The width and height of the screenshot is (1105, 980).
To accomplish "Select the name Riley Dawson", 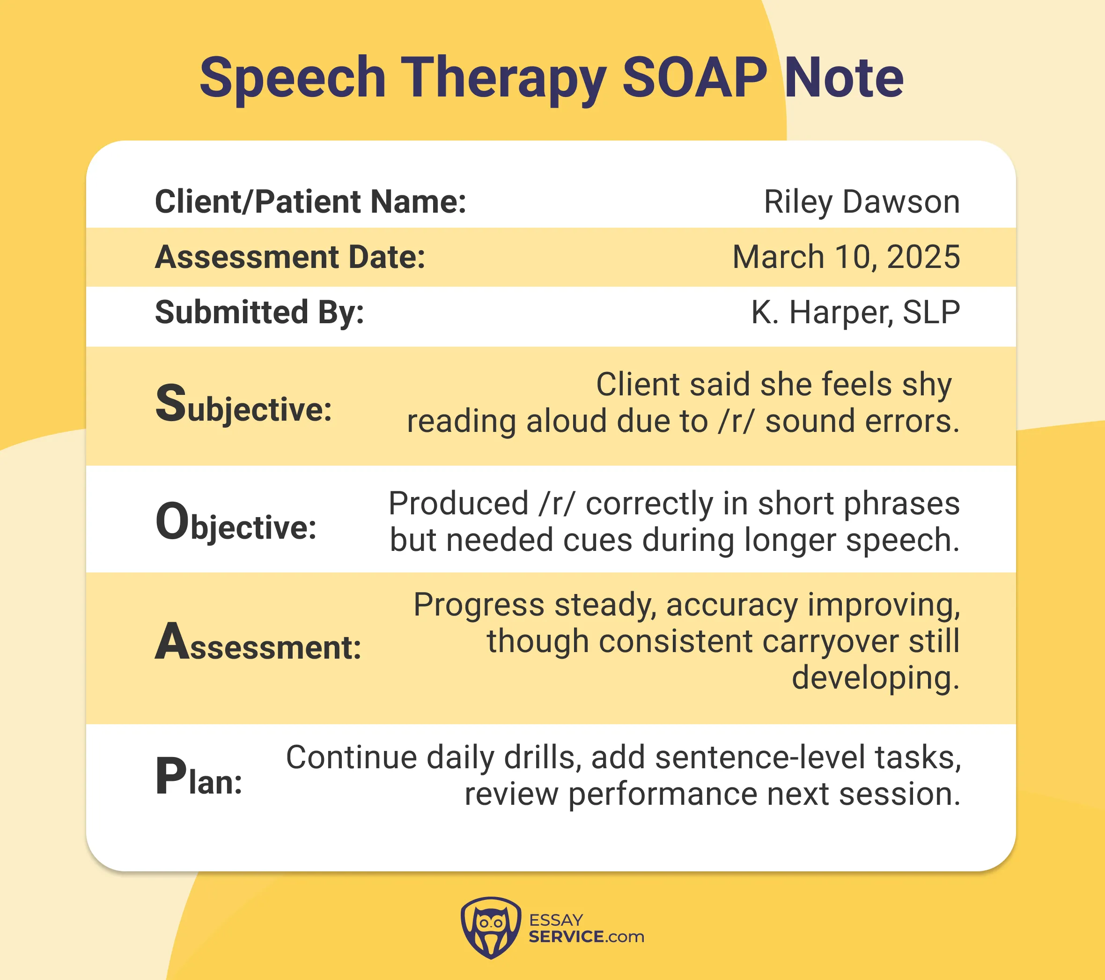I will (x=861, y=202).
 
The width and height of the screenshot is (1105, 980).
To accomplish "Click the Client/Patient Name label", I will (x=310, y=202).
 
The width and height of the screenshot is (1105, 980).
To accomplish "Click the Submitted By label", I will (x=259, y=312).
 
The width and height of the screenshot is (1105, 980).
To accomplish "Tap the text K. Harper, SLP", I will (x=855, y=312).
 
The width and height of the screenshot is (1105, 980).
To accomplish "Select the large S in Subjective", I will (x=170, y=403).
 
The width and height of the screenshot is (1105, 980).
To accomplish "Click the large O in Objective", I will (x=172, y=521).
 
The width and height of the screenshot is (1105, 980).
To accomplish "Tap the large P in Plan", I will (x=170, y=776).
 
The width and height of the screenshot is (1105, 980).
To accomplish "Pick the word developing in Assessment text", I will (x=875, y=678).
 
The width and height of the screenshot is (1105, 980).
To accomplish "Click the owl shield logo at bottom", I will (x=491, y=928).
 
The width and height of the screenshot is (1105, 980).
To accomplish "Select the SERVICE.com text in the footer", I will (x=586, y=937).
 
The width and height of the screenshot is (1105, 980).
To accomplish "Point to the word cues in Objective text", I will (x=597, y=540).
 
